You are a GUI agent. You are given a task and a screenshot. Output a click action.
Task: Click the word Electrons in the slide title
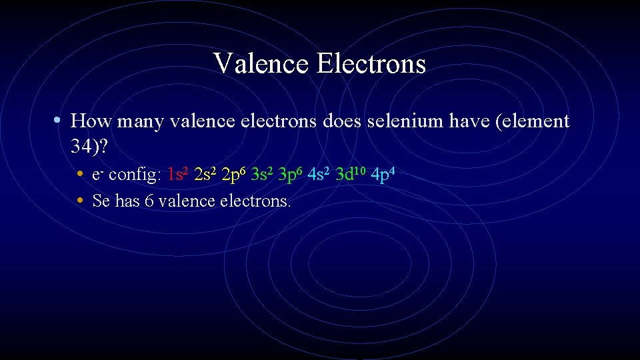(x=371, y=64)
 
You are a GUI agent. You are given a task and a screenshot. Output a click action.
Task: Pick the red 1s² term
(x=178, y=175)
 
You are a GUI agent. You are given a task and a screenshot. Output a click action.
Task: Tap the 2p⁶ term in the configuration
(x=234, y=175)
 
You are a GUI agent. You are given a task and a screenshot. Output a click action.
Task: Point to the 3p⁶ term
(x=291, y=175)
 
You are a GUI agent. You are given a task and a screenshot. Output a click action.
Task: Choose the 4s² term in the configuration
(x=320, y=175)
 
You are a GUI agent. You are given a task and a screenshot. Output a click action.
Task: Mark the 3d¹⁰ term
(x=350, y=175)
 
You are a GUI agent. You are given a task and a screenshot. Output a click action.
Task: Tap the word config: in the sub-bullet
(x=135, y=175)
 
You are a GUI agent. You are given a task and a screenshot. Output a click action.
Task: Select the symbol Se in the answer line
(x=101, y=200)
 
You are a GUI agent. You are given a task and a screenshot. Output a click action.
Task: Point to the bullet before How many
(x=59, y=121)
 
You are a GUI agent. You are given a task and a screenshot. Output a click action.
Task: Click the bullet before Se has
(x=80, y=200)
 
